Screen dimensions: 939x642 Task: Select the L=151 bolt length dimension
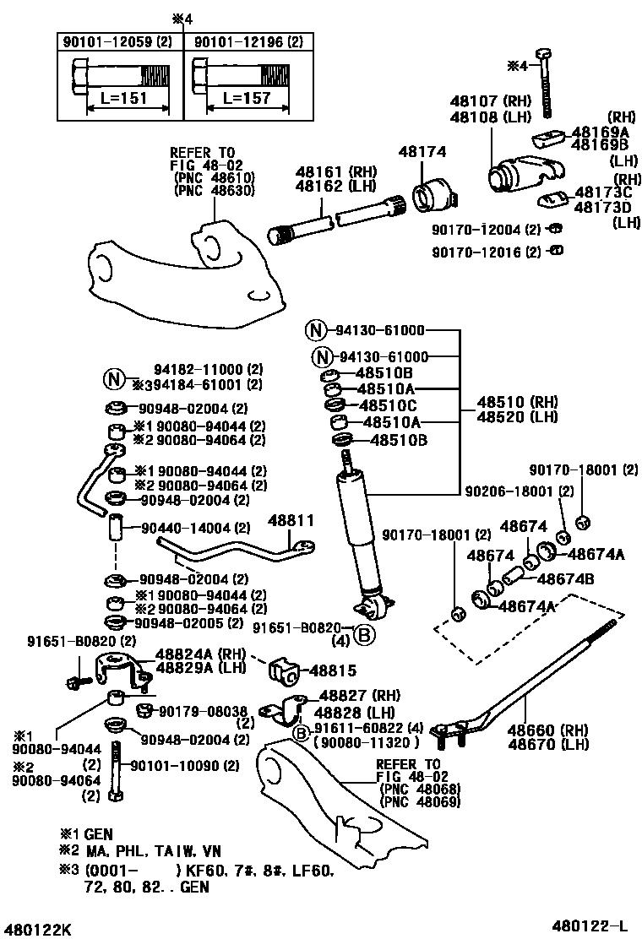[124, 98]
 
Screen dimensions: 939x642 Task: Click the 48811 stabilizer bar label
[291, 522]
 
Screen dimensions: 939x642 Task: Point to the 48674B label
[566, 578]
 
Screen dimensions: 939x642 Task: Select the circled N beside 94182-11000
[116, 377]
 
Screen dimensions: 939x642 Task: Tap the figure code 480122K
[35, 930]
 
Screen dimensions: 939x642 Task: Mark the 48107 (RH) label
[489, 100]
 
